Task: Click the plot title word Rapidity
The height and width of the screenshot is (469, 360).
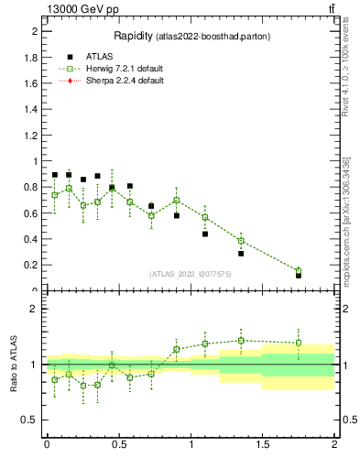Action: click(x=133, y=37)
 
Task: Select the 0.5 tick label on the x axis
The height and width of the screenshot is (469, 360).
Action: click(x=118, y=444)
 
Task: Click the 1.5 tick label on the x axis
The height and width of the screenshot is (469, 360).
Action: click(x=263, y=444)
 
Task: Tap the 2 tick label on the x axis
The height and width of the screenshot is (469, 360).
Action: click(x=334, y=444)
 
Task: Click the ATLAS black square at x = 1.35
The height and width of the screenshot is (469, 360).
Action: click(x=241, y=253)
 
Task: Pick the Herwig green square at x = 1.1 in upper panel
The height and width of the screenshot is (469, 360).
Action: click(x=205, y=217)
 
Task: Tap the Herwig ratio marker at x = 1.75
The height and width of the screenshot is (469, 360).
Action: click(x=299, y=343)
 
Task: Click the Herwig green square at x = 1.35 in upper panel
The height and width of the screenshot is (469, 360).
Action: click(x=241, y=241)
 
